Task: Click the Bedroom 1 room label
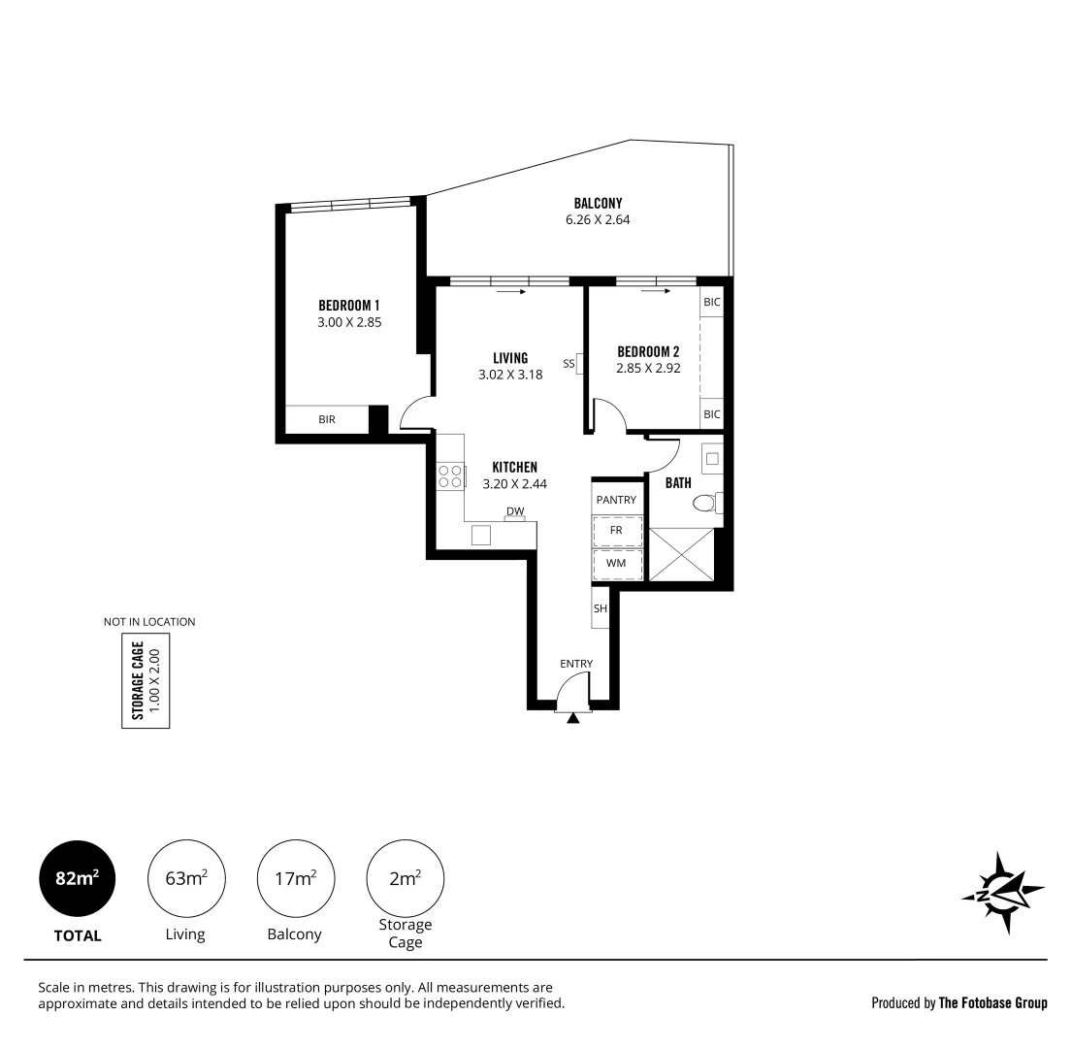click(x=349, y=305)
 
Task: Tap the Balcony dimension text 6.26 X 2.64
click(x=598, y=219)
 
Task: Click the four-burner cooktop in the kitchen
click(x=450, y=475)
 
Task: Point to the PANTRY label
click(x=616, y=500)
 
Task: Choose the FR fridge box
click(x=617, y=531)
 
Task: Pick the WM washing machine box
click(x=617, y=564)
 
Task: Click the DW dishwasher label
click(x=514, y=511)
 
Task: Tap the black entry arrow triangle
click(x=573, y=718)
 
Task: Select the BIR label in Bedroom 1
click(x=327, y=419)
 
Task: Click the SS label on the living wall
click(x=568, y=364)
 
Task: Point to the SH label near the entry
click(x=600, y=608)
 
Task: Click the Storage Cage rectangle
click(x=146, y=680)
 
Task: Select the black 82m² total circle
click(x=77, y=879)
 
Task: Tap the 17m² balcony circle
click(x=296, y=879)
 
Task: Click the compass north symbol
click(x=1003, y=892)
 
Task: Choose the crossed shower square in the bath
click(x=684, y=553)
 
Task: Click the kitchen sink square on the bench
click(x=481, y=535)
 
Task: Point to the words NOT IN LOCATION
click(x=149, y=622)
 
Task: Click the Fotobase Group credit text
click(x=958, y=1002)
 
